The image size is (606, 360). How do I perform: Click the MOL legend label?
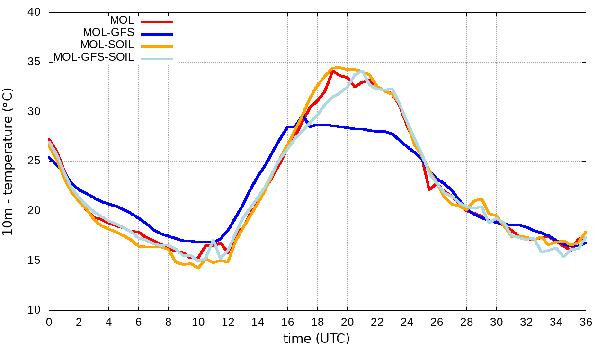pos(122,20)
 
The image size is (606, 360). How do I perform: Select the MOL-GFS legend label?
pos(108,33)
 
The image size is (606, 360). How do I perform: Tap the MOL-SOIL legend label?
pos(107,45)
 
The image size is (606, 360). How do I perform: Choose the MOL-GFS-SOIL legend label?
pos(93,57)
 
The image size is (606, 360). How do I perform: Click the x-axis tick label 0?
pos(49,322)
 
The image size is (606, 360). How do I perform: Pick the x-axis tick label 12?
pos(228,322)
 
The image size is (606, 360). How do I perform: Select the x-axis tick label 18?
pos(317,322)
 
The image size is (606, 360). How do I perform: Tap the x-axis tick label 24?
pos(407,322)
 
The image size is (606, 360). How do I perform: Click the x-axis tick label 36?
pos(586,322)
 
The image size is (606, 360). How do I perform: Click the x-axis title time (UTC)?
pos(316,339)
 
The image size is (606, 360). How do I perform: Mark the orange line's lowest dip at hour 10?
pos(198,268)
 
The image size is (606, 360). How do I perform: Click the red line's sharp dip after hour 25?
pos(429,189)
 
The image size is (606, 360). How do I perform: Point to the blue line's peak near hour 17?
pos(303,115)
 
